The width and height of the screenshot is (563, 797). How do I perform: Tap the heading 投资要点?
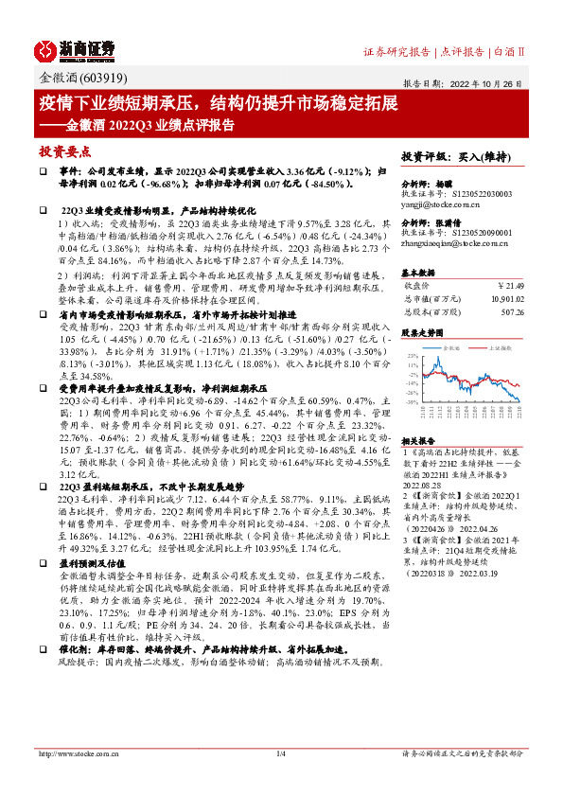click(x=65, y=151)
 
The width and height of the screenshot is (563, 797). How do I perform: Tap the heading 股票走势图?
click(x=423, y=333)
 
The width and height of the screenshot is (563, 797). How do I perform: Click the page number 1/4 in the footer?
click(x=280, y=780)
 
